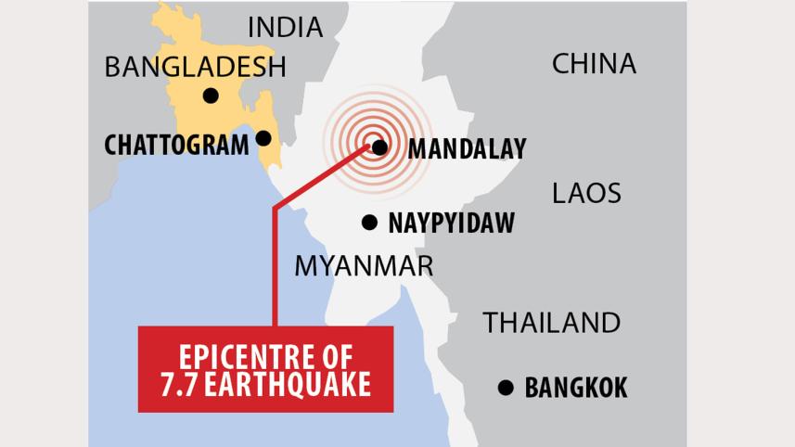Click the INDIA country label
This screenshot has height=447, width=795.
click(x=285, y=28)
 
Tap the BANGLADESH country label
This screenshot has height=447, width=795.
click(x=195, y=67)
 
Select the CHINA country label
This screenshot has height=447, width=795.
click(x=594, y=64)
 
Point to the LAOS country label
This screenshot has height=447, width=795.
click(x=586, y=193)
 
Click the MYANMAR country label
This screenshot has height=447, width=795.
click(x=364, y=266)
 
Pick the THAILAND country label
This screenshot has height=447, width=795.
click(x=551, y=323)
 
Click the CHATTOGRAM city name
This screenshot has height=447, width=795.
click(x=176, y=146)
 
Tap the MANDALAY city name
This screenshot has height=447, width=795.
click(x=467, y=148)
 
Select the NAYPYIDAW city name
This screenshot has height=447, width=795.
click(x=451, y=223)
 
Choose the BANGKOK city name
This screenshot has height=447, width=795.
click(x=576, y=388)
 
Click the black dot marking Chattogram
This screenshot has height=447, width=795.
click(x=263, y=138)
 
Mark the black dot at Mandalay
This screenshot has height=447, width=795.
click(x=379, y=147)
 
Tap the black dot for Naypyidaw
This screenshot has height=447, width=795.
click(x=369, y=223)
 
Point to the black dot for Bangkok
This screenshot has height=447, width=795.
click(x=506, y=388)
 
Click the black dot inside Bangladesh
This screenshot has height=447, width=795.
click(x=211, y=96)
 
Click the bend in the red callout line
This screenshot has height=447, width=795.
click(x=275, y=209)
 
